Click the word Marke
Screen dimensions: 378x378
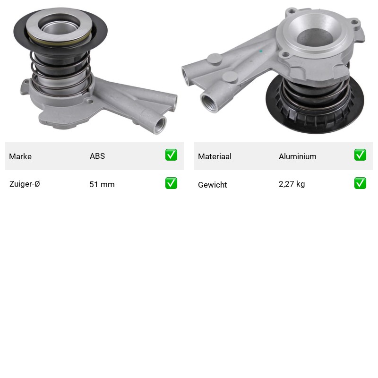20,156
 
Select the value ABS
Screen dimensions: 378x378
97,156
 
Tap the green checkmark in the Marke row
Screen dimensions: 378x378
171,155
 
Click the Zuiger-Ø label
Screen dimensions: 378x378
25,184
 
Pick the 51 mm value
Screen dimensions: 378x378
102,184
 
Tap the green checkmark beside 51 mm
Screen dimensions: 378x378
171,183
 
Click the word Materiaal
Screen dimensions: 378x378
215,156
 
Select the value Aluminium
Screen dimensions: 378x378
298,156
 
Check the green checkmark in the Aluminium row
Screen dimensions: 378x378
360,155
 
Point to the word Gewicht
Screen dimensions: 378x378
212,185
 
